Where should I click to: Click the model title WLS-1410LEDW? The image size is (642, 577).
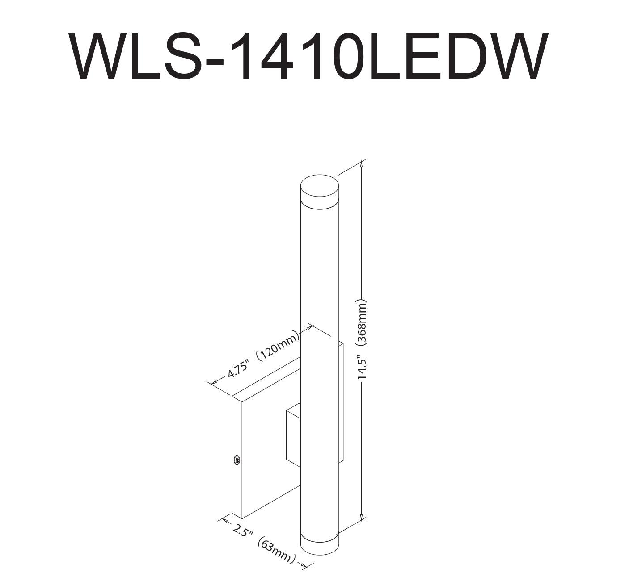(x=308, y=56)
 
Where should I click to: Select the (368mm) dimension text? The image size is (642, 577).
(x=362, y=323)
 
